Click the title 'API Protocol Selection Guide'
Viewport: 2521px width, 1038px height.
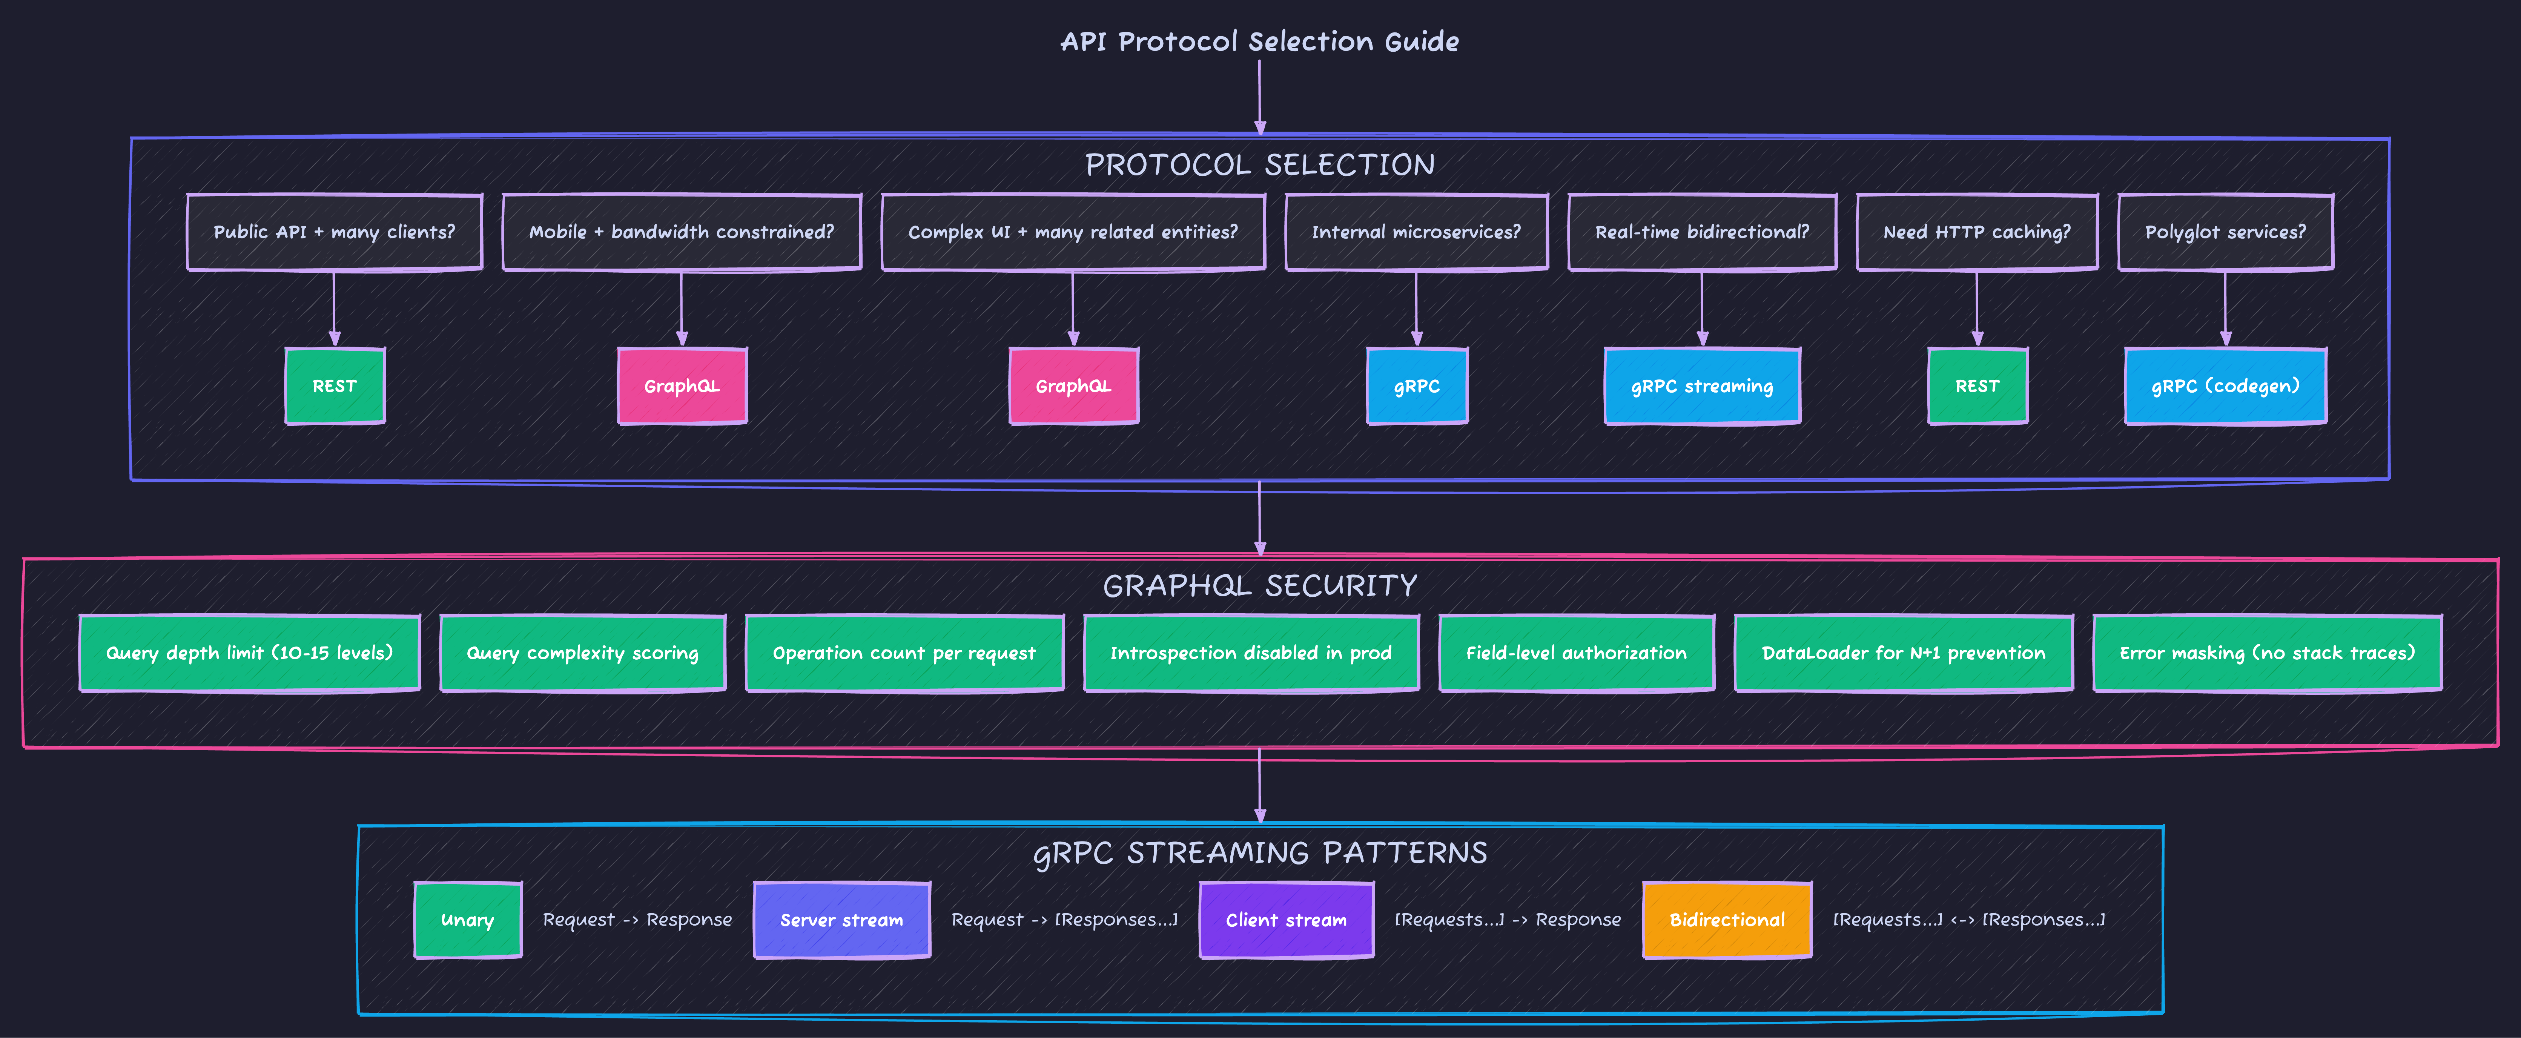1259,41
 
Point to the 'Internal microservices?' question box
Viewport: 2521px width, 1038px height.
1416,232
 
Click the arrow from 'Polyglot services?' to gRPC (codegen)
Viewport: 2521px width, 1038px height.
2225,308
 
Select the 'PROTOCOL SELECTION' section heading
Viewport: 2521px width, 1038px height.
1259,164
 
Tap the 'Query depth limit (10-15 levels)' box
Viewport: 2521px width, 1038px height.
250,653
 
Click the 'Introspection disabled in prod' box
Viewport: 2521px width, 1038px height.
1251,653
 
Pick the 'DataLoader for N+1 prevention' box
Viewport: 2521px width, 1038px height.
1904,653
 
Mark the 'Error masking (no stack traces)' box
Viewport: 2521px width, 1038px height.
2266,653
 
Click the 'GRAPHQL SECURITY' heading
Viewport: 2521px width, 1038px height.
1259,585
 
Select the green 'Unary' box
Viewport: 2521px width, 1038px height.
468,920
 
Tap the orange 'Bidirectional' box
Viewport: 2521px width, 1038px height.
1727,920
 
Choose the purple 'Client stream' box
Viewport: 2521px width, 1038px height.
1286,920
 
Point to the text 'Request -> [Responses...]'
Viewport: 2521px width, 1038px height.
1065,920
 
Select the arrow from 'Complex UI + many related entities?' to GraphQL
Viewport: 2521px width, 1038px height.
1073,308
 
